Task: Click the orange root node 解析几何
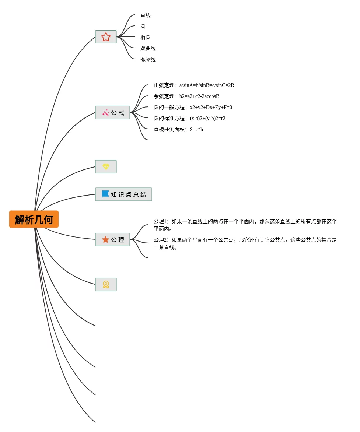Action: coord(34,219)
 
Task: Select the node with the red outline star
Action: coord(106,37)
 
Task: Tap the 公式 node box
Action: coord(112,112)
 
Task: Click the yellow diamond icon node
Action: coord(106,167)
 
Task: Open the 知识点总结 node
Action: coord(123,194)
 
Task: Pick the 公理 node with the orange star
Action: coord(112,239)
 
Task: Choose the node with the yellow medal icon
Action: coord(106,285)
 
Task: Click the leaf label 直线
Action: coord(146,15)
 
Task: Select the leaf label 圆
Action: coord(143,26)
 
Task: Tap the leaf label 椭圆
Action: coord(146,37)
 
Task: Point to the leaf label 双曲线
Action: coord(148,48)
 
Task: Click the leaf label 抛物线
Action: coord(148,59)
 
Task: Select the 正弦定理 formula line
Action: coord(194,85)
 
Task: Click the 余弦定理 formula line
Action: coord(186,96)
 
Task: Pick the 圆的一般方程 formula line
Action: coord(193,107)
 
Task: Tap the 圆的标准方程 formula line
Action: coord(189,118)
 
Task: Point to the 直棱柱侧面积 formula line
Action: coord(178,129)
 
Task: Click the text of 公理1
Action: coord(245,225)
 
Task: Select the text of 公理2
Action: coord(245,243)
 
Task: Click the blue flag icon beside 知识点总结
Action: coord(105,194)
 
